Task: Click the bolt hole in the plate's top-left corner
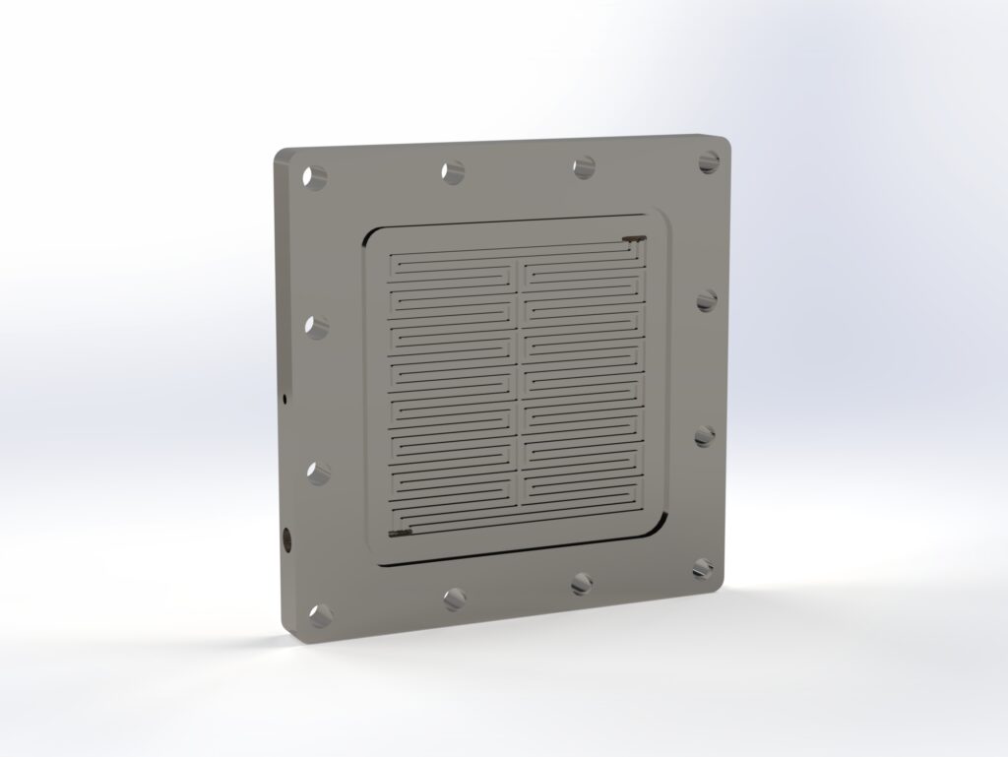click(314, 178)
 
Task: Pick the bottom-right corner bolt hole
click(703, 567)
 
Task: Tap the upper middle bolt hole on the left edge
click(316, 326)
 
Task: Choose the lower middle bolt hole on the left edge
click(318, 472)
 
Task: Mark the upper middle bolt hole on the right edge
click(706, 300)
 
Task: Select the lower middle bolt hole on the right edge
click(705, 435)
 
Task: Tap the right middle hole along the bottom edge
click(583, 584)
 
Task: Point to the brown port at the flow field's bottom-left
click(400, 534)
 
